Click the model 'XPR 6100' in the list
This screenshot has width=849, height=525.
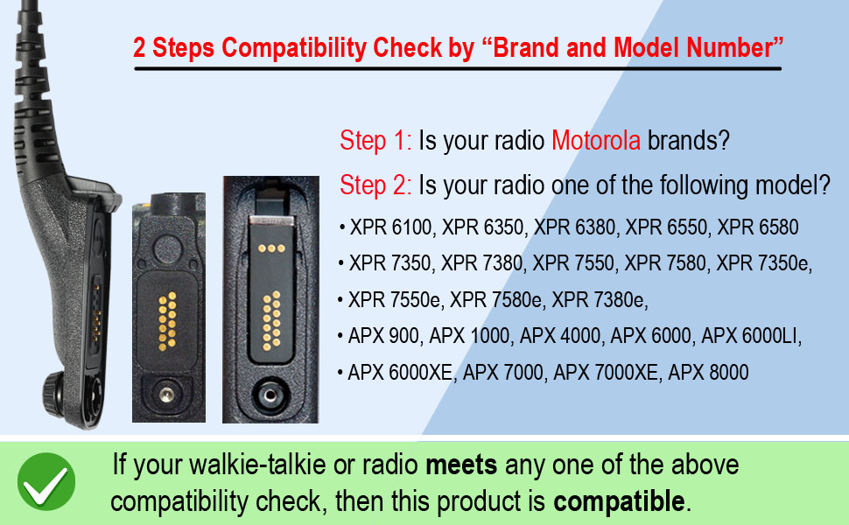click(x=391, y=228)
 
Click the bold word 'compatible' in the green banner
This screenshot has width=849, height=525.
click(x=619, y=502)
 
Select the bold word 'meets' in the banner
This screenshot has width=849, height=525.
click(x=461, y=465)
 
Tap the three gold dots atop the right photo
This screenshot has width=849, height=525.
click(x=272, y=248)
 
